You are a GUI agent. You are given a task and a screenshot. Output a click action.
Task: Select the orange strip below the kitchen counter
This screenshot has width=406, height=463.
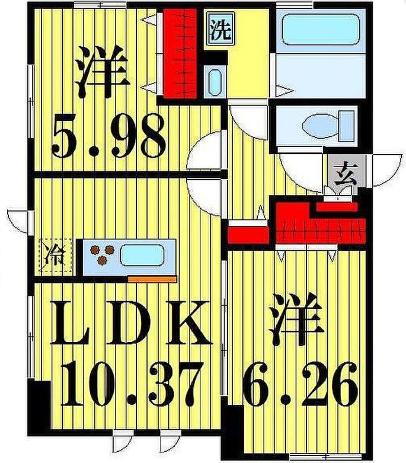pyautogui.click(x=152, y=278)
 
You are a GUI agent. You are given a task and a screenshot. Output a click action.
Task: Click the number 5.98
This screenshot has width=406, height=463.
pyautogui.click(x=108, y=138)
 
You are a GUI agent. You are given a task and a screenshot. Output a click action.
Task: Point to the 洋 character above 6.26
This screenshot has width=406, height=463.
pyautogui.click(x=296, y=320)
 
